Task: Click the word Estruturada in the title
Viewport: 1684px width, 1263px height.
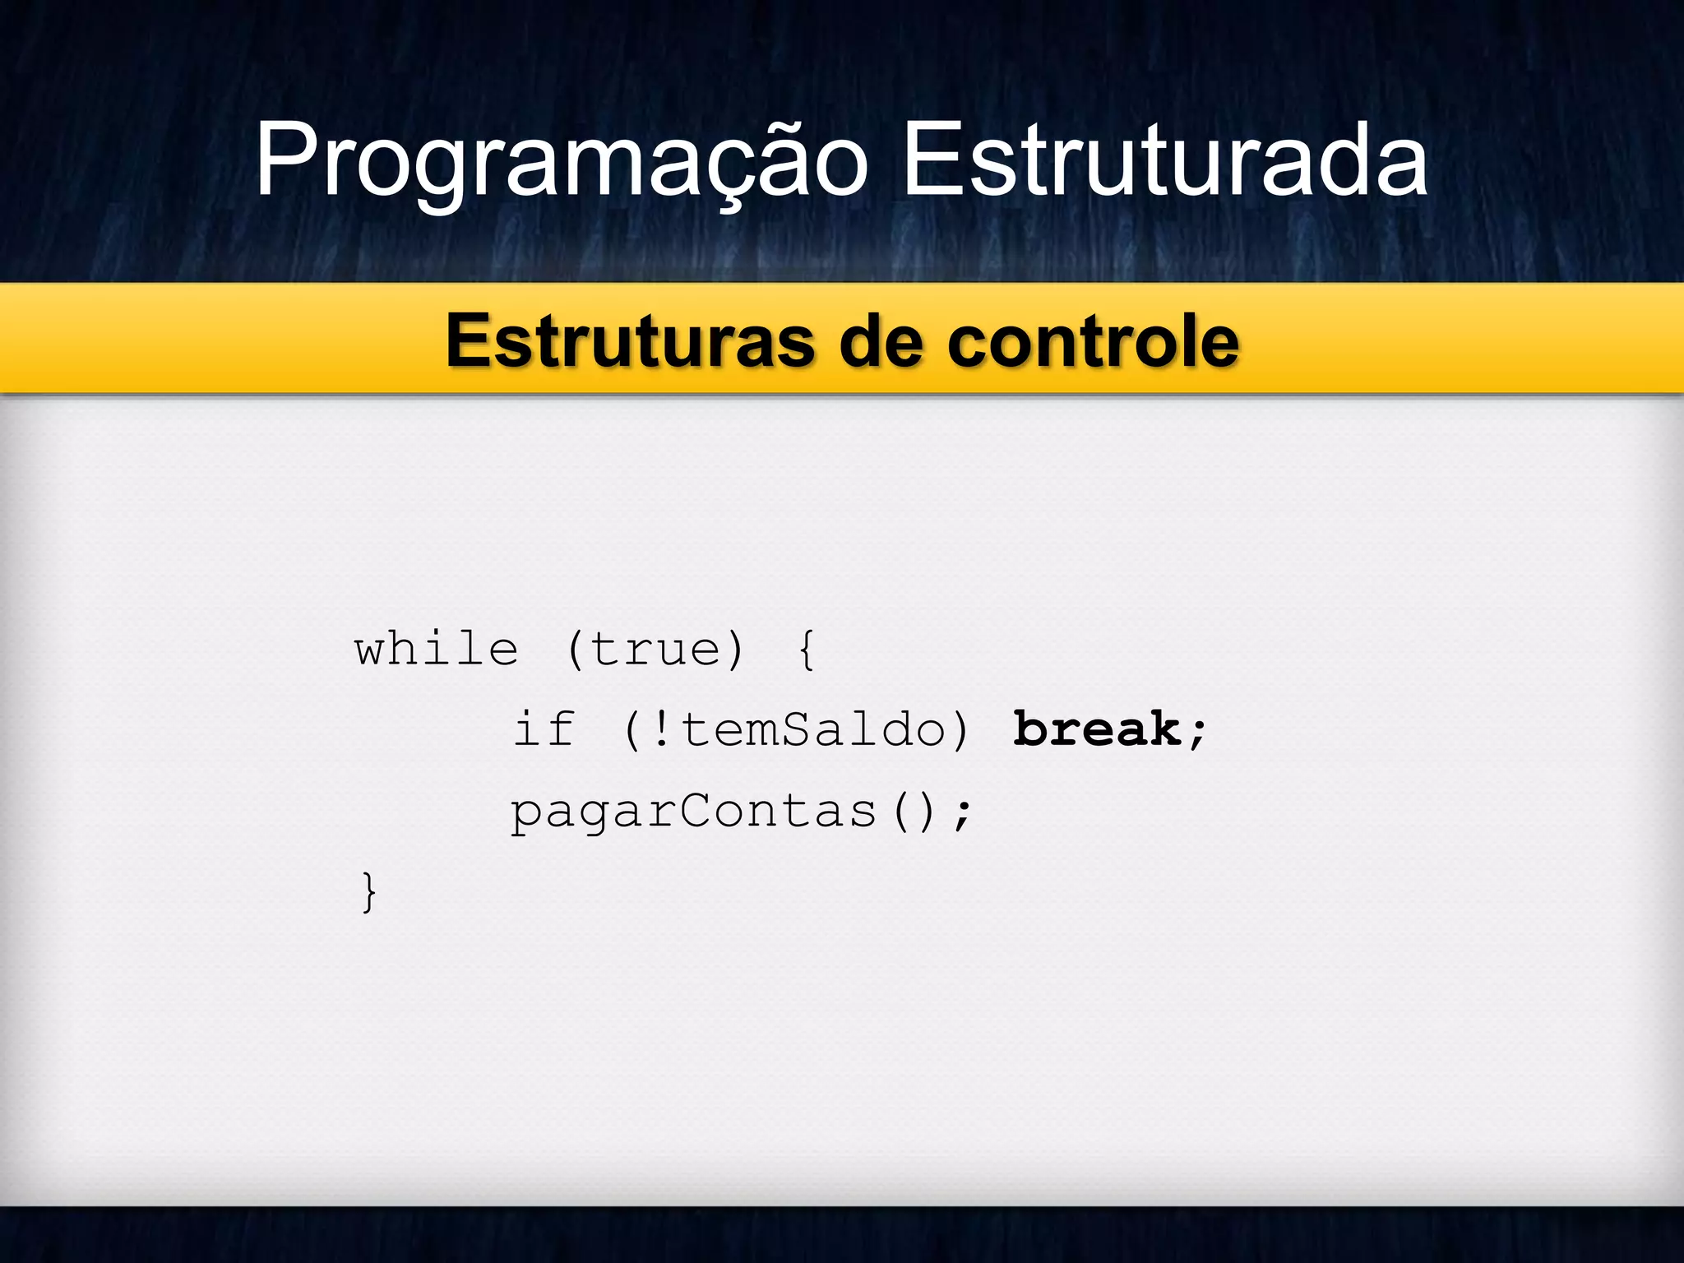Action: click(x=1165, y=160)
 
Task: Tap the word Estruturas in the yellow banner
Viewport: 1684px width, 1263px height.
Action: click(x=630, y=341)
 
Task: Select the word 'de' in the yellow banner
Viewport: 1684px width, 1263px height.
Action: click(x=881, y=341)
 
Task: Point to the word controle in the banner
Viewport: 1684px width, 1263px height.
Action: click(x=1093, y=341)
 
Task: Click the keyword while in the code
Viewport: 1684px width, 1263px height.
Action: click(x=437, y=650)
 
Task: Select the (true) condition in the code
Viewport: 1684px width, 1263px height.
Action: click(x=655, y=650)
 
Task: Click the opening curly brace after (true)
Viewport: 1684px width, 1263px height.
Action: click(x=807, y=650)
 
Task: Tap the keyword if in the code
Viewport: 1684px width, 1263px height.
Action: click(x=544, y=729)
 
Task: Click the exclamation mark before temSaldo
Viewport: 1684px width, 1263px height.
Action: click(x=660, y=729)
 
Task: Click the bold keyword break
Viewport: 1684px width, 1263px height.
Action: click(x=1097, y=729)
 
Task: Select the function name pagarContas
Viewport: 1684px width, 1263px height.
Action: click(x=693, y=812)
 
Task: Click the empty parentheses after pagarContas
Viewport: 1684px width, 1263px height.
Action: click(x=914, y=812)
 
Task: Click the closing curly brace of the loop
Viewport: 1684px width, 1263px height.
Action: click(x=369, y=891)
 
